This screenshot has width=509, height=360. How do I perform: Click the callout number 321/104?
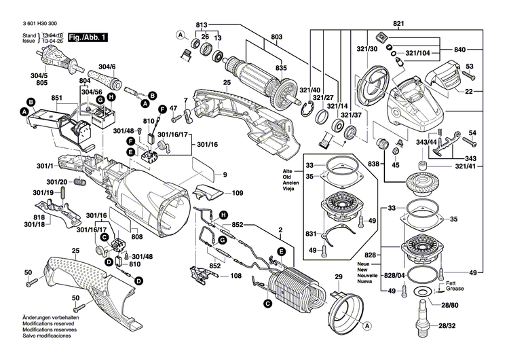(418, 52)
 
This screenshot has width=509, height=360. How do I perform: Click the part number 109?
(237, 194)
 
